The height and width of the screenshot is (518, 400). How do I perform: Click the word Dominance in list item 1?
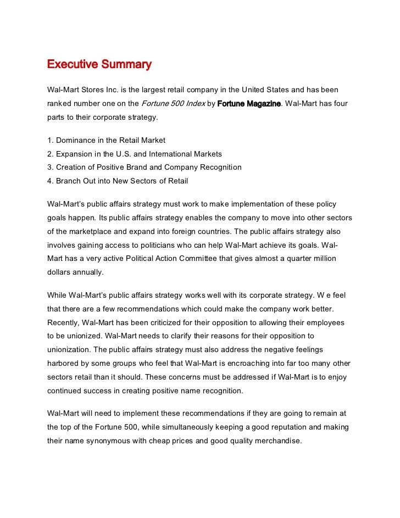tap(77, 140)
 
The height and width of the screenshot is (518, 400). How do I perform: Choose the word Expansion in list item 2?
tap(75, 154)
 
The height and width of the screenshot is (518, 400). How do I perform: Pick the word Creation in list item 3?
tap(72, 167)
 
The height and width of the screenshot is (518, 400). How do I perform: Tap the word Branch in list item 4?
tap(69, 180)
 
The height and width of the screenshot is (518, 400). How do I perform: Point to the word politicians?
tap(169, 244)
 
